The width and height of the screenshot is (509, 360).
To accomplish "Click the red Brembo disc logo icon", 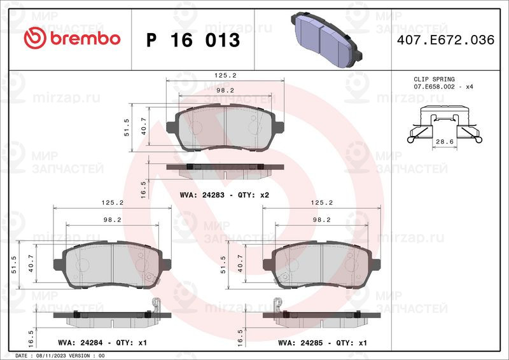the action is [35, 38].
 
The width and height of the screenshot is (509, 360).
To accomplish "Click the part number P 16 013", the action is [193, 40].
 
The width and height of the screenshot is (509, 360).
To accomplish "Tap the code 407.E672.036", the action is [446, 39].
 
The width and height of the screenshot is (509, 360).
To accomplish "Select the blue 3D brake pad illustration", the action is [326, 39].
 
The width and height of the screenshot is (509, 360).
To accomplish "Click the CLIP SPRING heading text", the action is [434, 80].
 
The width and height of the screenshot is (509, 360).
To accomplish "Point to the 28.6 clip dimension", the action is [445, 142].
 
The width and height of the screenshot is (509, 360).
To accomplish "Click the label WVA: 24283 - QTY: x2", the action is [225, 195].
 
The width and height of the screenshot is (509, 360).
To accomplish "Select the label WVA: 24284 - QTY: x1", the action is [102, 342].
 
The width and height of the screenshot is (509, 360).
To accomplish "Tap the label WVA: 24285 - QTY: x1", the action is [323, 342].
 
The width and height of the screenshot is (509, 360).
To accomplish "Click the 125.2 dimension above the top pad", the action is [225, 75].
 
